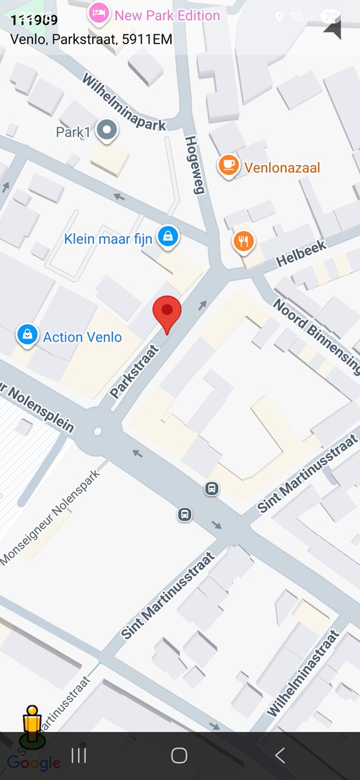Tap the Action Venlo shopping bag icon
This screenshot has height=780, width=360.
click(27, 335)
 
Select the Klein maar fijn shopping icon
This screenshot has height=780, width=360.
click(168, 237)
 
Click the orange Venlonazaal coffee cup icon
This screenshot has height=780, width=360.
click(228, 166)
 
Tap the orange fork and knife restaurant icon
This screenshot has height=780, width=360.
click(243, 242)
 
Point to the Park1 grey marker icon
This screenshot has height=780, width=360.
click(106, 131)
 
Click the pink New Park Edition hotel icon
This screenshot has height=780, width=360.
click(99, 14)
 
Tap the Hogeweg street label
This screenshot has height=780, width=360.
click(195, 164)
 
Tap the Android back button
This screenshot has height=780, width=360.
click(280, 755)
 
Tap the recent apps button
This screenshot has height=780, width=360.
click(79, 755)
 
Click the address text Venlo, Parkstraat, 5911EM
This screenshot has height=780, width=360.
click(92, 39)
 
